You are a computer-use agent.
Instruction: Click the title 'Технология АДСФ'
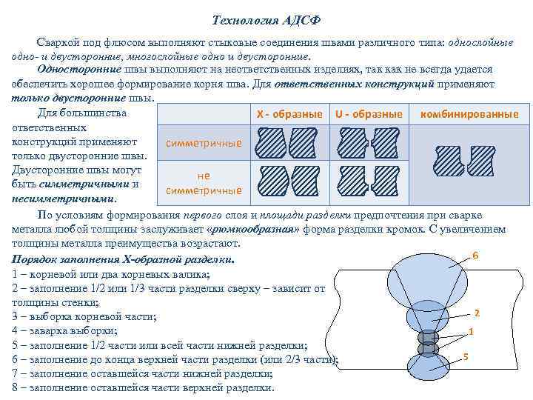(x=266, y=18)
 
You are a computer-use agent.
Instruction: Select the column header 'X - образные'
(x=289, y=115)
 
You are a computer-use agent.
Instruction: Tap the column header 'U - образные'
(x=368, y=115)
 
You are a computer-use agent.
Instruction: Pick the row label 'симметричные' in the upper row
(x=203, y=142)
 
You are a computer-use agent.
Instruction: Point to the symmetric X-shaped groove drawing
(x=288, y=143)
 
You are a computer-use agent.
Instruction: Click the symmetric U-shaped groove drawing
(x=369, y=143)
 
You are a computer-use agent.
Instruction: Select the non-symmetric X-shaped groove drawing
(x=288, y=180)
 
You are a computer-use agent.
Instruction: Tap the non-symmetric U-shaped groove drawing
(x=369, y=180)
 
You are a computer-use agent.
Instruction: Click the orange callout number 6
(x=475, y=256)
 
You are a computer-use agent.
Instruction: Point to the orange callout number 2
(x=477, y=312)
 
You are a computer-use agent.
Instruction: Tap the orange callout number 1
(x=470, y=331)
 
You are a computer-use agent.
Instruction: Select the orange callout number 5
(x=465, y=358)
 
